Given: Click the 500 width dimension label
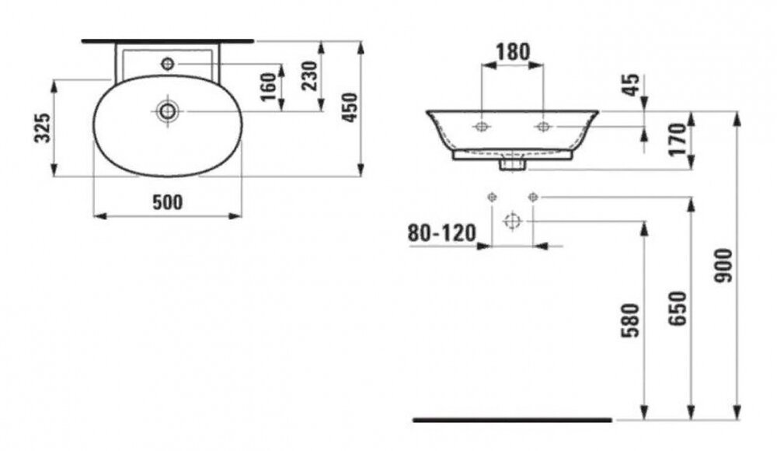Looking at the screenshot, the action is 168,202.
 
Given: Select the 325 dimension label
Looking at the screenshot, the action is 43,128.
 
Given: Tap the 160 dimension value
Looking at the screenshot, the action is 268,86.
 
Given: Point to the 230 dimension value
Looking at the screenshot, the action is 310,75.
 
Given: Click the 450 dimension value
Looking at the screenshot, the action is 350,107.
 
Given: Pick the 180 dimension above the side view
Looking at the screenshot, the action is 513,51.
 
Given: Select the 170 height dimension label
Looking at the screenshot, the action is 678,139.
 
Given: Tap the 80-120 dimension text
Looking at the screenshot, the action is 441,232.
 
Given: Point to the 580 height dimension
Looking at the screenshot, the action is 631,320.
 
